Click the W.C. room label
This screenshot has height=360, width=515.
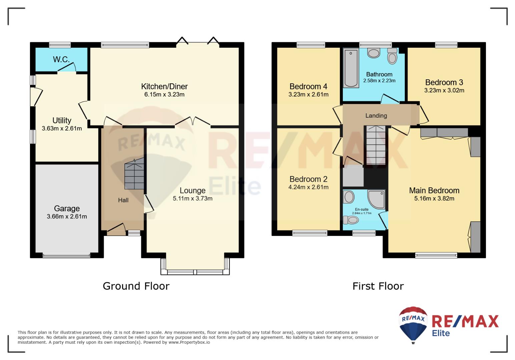click(61, 60)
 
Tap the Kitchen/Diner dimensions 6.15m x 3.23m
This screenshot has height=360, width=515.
click(164, 94)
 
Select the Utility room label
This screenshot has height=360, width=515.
click(62, 120)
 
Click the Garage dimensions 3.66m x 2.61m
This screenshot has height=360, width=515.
click(67, 216)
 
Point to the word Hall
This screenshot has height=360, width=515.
click(123, 200)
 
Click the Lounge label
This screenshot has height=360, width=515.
click(193, 190)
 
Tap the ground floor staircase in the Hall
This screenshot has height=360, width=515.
click(134, 173)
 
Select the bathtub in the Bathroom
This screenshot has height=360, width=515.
click(351, 68)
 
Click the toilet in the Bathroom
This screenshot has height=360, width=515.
click(392, 56)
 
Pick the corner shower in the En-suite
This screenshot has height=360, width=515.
click(376, 199)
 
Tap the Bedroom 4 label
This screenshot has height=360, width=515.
click(308, 87)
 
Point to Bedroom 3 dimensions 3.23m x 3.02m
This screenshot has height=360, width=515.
click(444, 90)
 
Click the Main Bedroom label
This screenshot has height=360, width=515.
click(434, 190)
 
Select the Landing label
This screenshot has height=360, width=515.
click(376, 116)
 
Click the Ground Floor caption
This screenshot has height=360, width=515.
click(136, 286)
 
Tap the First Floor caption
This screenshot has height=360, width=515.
click(378, 286)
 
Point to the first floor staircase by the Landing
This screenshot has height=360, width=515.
click(376, 145)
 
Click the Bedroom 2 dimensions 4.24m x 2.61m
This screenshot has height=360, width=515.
click(308, 187)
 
